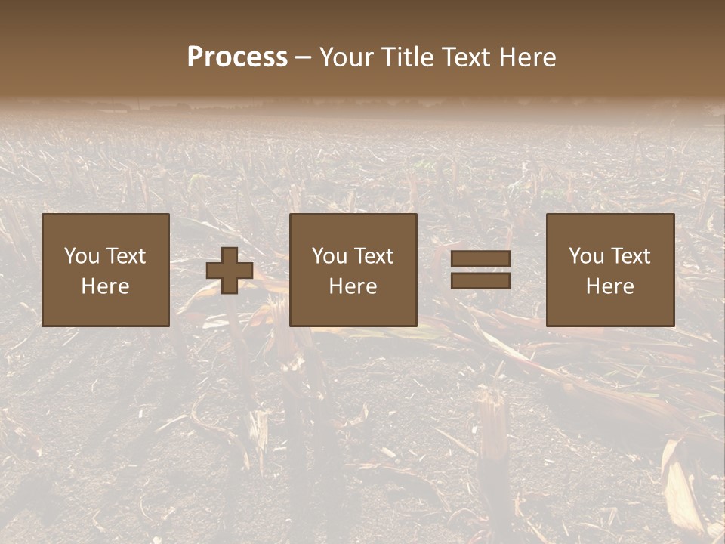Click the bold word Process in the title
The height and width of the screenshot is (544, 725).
point(237,57)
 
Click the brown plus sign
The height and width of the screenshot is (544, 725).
point(230,270)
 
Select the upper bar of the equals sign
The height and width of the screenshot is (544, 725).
point(480,258)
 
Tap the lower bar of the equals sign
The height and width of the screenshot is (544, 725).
point(480,281)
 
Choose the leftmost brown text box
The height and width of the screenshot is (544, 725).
point(106,270)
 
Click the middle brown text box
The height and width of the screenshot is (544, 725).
point(353,270)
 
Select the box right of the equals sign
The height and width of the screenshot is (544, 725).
point(610,270)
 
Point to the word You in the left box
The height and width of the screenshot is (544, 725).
point(82,256)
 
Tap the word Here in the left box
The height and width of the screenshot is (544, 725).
point(106,286)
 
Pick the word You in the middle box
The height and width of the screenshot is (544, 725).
point(329,256)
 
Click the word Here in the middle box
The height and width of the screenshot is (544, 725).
point(353,286)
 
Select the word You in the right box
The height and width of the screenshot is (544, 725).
point(586,256)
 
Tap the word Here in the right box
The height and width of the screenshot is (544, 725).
point(610,286)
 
